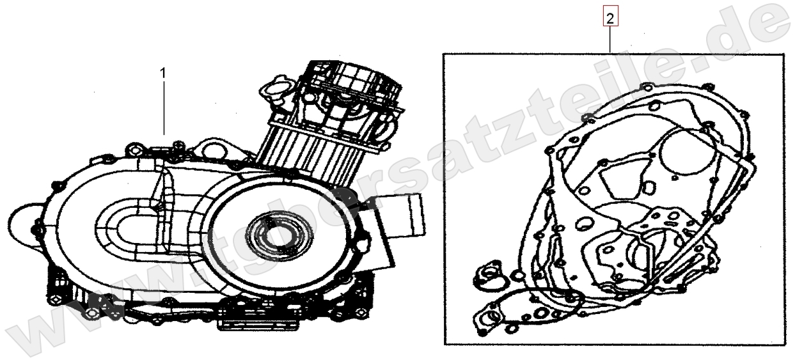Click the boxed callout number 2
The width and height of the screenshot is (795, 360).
(610, 19)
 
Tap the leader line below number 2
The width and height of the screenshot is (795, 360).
(610, 40)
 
